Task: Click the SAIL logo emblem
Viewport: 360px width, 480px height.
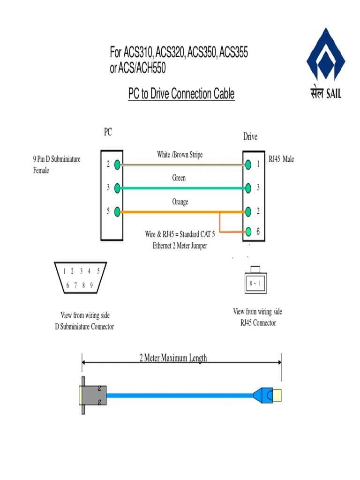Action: click(x=325, y=55)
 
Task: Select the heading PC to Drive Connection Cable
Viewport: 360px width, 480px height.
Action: click(x=181, y=94)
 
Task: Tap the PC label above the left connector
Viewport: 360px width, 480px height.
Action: click(x=108, y=133)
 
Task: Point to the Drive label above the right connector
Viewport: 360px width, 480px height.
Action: click(x=250, y=137)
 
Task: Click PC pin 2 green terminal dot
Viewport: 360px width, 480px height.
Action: click(x=118, y=165)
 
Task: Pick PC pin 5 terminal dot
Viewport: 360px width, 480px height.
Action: click(x=118, y=211)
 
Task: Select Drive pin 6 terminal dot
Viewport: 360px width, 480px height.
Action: click(x=248, y=232)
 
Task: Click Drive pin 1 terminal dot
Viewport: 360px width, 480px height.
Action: click(x=248, y=165)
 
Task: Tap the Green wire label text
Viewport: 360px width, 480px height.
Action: click(x=179, y=178)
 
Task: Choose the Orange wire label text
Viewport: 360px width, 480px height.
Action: click(x=180, y=202)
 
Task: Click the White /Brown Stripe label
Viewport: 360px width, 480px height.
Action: click(x=180, y=155)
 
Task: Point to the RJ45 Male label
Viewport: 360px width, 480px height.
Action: click(x=281, y=159)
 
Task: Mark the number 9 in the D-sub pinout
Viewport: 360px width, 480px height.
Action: click(x=91, y=285)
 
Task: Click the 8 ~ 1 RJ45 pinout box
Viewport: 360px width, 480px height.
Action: click(x=255, y=284)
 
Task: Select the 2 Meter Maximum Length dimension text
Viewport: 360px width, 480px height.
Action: click(x=173, y=359)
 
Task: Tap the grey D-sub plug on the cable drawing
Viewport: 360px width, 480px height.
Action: click(x=93, y=395)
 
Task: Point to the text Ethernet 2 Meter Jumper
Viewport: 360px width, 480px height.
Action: click(x=180, y=246)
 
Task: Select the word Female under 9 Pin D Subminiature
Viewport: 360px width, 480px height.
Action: click(x=41, y=170)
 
